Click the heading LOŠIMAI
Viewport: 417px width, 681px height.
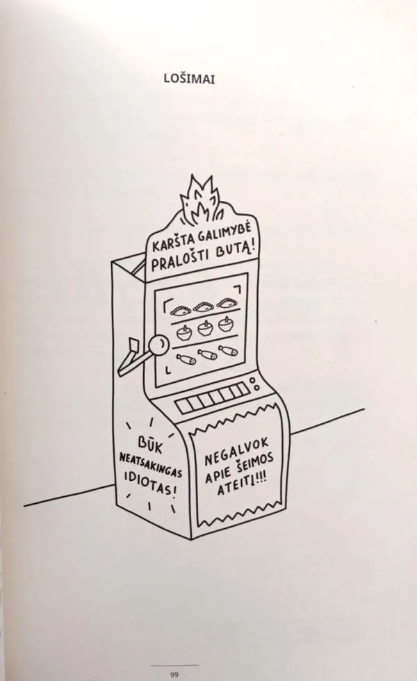189,79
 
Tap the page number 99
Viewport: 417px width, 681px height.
174,675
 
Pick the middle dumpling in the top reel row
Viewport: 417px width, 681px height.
202,307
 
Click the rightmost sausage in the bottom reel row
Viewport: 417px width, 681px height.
229,350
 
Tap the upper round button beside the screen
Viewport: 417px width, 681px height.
254,381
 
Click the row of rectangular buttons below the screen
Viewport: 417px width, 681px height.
211,398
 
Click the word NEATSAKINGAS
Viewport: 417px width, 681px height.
151,465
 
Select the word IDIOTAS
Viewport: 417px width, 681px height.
149,485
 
